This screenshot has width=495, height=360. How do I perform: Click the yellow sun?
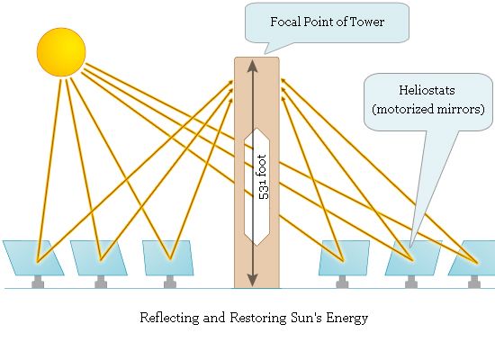pos(61,52)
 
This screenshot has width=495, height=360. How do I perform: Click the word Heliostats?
pos(427,90)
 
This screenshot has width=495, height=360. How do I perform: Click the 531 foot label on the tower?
pos(263,176)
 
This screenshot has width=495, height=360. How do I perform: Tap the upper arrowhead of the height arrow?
pos(252,67)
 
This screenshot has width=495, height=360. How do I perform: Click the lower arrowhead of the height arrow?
pos(252,280)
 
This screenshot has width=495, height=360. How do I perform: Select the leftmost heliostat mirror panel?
pos(33,257)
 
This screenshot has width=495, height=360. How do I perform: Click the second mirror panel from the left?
pos(98,257)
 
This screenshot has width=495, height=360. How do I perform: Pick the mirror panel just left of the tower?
pos(168,257)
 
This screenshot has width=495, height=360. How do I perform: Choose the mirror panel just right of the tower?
pos(344,257)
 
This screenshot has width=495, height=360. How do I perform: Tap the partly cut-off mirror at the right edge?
pos(472,257)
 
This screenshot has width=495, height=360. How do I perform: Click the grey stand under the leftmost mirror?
pos(38,282)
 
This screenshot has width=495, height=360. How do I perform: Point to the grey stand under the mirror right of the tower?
pos(342,282)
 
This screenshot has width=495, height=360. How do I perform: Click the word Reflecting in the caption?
pos(169,318)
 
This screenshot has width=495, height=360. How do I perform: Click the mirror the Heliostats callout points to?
pos(413,257)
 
